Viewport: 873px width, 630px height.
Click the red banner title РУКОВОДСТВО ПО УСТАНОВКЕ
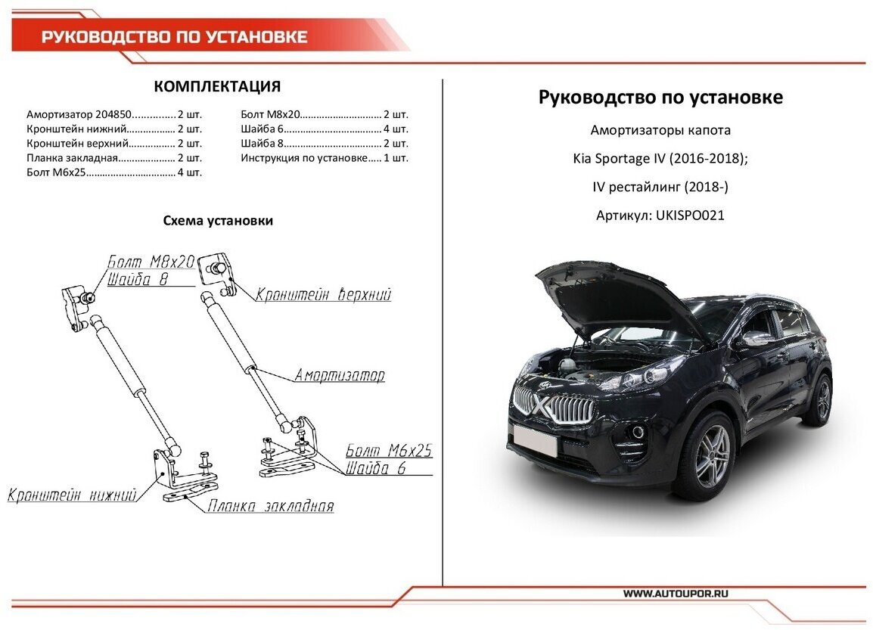pos(174,37)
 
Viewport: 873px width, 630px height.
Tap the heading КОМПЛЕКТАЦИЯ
pos(217,86)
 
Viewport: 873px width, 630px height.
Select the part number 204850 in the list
pos(114,115)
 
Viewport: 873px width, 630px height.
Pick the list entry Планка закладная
pos(73,158)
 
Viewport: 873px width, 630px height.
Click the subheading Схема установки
pos(218,221)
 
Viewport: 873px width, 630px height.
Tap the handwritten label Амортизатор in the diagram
pos(340,375)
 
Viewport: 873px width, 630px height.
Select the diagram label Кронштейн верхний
pos(323,295)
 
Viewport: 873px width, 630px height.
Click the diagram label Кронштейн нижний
pos(72,496)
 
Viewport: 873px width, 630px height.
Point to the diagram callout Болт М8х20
pos(151,262)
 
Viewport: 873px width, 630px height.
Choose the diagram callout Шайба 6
pos(377,468)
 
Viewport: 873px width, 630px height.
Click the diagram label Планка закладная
pos(271,507)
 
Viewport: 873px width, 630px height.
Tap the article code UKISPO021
pos(691,216)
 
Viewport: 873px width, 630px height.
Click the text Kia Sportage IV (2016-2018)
pos(660,159)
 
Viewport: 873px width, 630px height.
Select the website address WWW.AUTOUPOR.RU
pos(676,594)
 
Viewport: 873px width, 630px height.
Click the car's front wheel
pos(712,457)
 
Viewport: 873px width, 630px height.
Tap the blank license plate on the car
pos(534,440)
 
